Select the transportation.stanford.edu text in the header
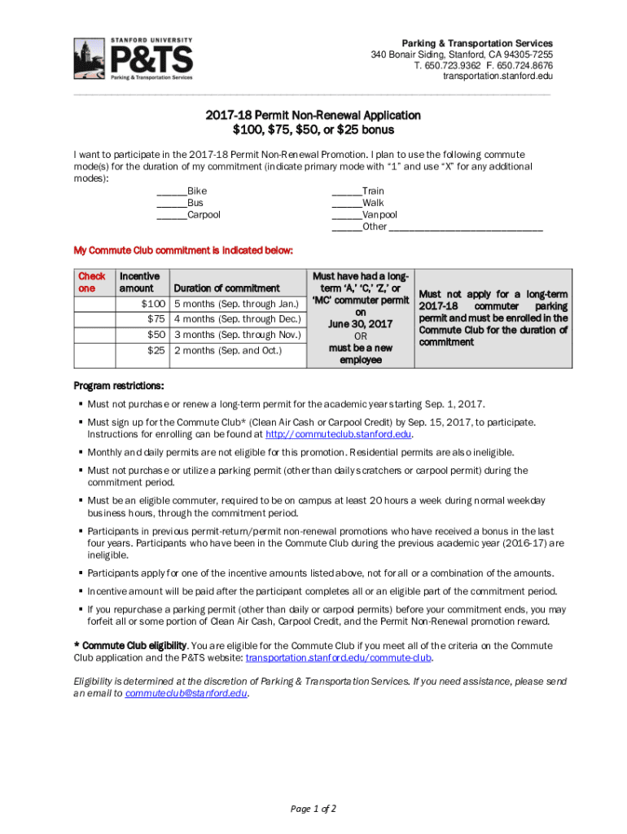(x=498, y=77)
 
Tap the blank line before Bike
(x=171, y=191)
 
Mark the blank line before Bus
(x=171, y=204)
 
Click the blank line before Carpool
(x=171, y=216)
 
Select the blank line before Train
(x=346, y=191)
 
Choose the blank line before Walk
(x=346, y=204)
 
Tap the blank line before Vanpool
(x=346, y=216)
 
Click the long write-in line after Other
(x=466, y=228)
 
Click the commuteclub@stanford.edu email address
(x=186, y=694)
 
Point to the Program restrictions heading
(x=119, y=385)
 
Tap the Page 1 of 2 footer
(x=313, y=809)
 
